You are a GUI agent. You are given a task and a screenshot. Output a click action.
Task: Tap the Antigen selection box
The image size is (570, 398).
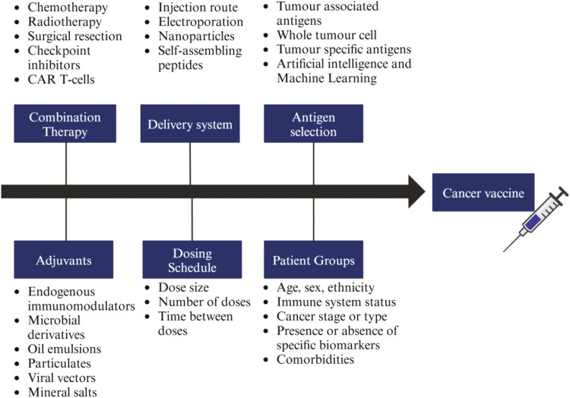[x=314, y=123]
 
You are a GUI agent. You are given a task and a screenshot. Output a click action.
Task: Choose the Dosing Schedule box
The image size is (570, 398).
[x=192, y=260]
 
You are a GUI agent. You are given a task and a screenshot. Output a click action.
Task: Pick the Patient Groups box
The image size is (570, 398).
[x=314, y=260]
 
